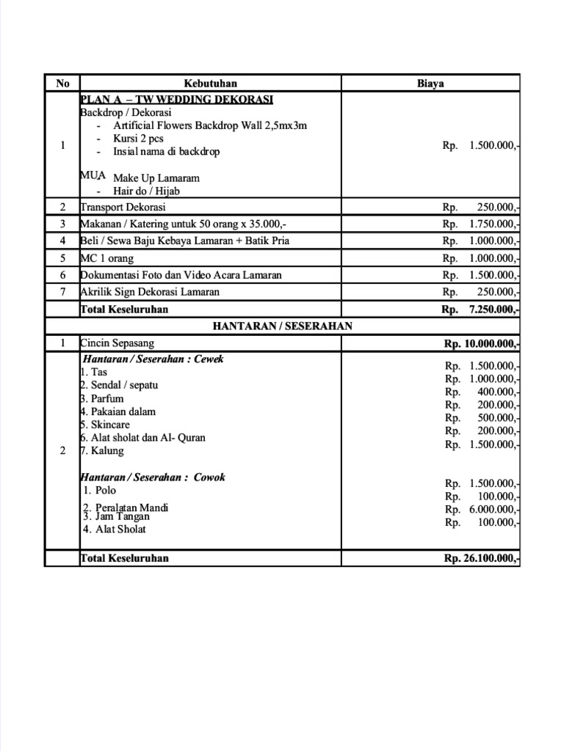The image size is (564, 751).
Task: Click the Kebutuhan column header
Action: [x=210, y=84]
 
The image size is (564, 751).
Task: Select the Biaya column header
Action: [x=430, y=84]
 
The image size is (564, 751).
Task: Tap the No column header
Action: [x=62, y=84]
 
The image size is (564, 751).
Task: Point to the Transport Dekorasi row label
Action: [x=123, y=208]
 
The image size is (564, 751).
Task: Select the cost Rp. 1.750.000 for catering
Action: [x=481, y=224]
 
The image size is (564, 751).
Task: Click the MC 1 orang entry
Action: [x=107, y=258]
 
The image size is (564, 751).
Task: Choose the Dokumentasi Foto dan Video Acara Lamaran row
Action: [x=181, y=275]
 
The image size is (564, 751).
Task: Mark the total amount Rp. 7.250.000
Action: [x=481, y=309]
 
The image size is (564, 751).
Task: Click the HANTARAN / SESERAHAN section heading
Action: [x=283, y=326]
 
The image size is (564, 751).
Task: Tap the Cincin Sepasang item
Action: [x=117, y=342]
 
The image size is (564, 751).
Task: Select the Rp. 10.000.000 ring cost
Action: [x=482, y=344]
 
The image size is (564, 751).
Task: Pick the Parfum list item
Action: [x=102, y=398]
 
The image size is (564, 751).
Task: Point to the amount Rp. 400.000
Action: [x=482, y=392]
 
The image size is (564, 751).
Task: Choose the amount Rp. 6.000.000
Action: [x=482, y=509]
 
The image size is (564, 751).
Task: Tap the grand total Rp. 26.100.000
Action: [x=482, y=558]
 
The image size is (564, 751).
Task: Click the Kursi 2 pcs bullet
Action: [x=138, y=139]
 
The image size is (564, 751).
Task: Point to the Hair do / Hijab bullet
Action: [x=146, y=191]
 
